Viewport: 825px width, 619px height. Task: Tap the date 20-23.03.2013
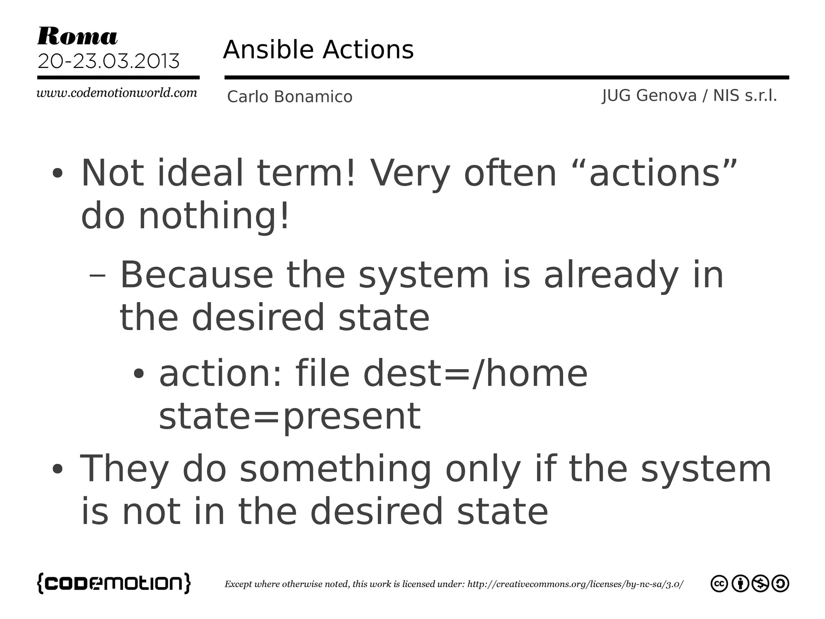coord(108,61)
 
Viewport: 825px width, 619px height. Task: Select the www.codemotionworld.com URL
coord(117,93)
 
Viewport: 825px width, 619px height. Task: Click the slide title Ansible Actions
coord(318,50)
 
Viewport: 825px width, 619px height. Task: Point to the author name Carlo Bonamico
coord(290,97)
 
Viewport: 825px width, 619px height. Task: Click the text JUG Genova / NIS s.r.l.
coord(689,96)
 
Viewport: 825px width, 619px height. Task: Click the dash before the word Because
coord(97,276)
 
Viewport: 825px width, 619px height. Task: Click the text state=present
coord(290,416)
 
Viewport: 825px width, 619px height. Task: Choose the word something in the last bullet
coord(336,469)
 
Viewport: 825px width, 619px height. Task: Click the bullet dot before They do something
coord(58,469)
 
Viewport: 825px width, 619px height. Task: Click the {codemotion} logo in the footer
coord(114,583)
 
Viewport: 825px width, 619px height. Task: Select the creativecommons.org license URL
coord(575,584)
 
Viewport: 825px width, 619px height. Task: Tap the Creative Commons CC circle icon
coord(719,584)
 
